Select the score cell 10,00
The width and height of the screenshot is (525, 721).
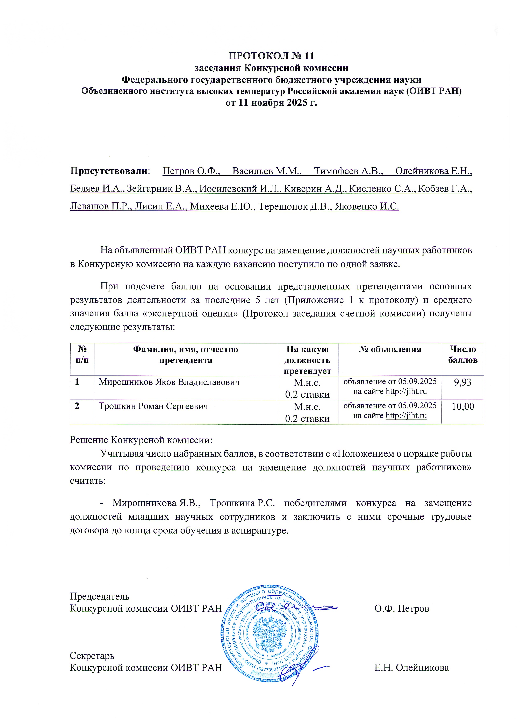tap(463, 406)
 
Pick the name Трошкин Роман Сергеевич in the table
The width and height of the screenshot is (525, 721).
tap(153, 406)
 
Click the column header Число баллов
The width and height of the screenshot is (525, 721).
tap(463, 355)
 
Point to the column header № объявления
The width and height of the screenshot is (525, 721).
tap(390, 349)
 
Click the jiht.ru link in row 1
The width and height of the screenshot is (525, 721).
tap(406, 392)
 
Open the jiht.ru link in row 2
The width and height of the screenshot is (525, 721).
tap(406, 416)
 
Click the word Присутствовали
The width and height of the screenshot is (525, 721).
tap(109, 171)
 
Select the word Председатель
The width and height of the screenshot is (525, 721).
tap(99, 596)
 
